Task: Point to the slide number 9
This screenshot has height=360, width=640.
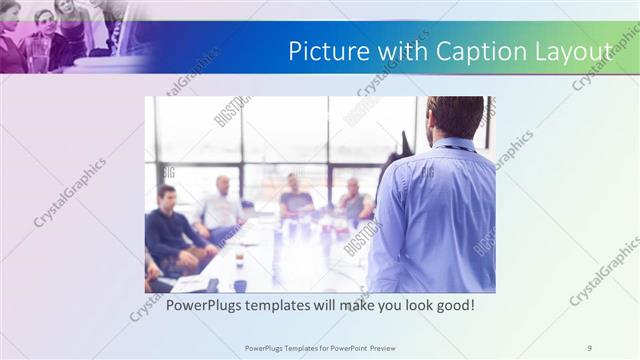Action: [x=589, y=347]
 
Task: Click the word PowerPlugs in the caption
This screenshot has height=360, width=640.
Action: [x=203, y=305]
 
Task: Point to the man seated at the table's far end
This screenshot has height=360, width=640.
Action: [x=295, y=196]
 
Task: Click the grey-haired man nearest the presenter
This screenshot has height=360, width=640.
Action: [x=353, y=203]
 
